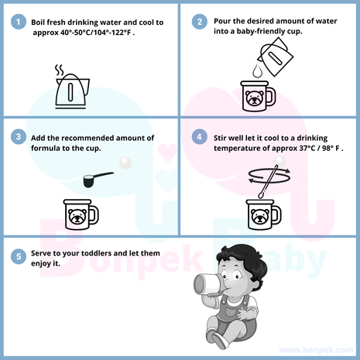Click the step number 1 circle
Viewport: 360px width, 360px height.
click(x=19, y=22)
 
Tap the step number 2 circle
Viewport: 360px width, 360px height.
click(x=200, y=22)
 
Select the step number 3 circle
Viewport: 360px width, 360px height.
click(x=19, y=136)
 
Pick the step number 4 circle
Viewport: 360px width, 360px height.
click(x=200, y=136)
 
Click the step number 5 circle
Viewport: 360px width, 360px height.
click(x=19, y=256)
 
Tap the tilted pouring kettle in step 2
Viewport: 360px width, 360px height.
click(x=276, y=57)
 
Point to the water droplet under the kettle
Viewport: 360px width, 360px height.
click(x=257, y=70)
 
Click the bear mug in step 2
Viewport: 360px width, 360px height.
click(x=258, y=96)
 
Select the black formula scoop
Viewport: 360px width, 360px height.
click(x=96, y=180)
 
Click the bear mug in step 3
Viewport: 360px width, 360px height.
click(x=81, y=214)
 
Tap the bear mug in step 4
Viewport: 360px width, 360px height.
click(x=263, y=214)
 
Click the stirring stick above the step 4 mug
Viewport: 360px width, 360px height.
click(x=269, y=181)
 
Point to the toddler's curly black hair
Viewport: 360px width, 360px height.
click(x=242, y=261)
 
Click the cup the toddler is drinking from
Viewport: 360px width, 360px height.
click(x=207, y=284)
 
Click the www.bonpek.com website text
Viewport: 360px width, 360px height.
click(x=316, y=350)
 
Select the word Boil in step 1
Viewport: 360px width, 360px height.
click(x=38, y=22)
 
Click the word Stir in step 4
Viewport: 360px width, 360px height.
click(x=220, y=138)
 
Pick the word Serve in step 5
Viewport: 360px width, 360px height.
click(x=41, y=253)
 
